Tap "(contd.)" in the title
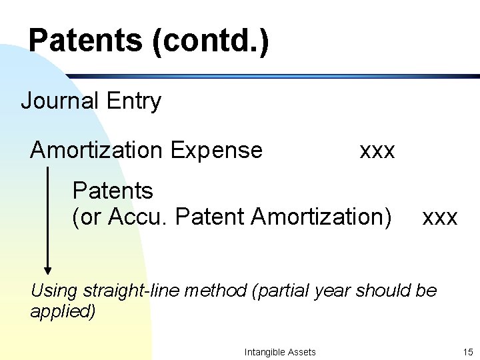(x=211, y=41)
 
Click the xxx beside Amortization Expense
(x=377, y=151)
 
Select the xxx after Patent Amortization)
(x=440, y=217)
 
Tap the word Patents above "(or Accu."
(x=113, y=191)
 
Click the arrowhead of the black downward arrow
(x=48, y=269)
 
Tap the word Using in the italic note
(x=53, y=291)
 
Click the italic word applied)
(x=63, y=311)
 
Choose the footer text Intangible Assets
(x=280, y=351)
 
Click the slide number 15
(x=467, y=351)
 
